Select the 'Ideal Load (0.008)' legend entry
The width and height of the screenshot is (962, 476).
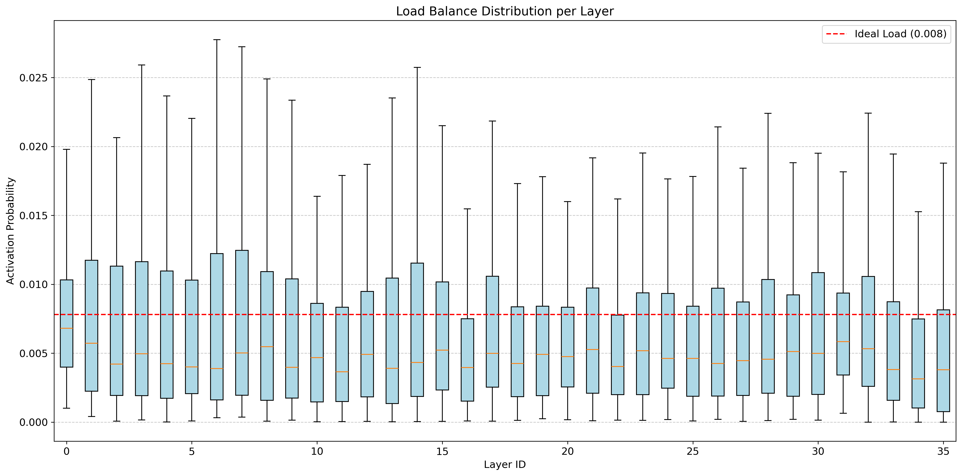pos(886,34)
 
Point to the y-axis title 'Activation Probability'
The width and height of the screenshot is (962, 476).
pos(11,231)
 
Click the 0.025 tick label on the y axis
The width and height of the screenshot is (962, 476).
pos(34,78)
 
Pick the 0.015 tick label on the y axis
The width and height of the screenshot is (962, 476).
pos(34,216)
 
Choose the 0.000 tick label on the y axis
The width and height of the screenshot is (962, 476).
pos(34,422)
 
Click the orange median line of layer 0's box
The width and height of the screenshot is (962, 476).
pos(66,328)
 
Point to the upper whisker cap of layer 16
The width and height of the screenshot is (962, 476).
pos(467,209)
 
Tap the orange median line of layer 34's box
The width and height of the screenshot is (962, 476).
pos(918,379)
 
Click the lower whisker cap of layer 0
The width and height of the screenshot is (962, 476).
pos(66,408)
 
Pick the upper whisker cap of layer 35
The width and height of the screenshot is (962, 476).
pos(943,163)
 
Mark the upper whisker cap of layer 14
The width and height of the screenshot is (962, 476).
pos(417,68)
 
